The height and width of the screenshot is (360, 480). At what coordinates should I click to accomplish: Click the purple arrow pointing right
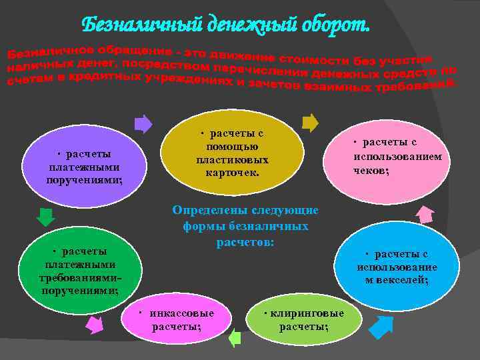[143, 124]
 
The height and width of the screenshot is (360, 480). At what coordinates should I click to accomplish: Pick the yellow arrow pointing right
[310, 123]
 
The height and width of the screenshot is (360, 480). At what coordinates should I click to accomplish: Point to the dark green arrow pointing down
[45, 217]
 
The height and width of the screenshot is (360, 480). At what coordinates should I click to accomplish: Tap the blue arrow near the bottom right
[381, 327]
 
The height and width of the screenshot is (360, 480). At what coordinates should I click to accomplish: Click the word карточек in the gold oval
[233, 173]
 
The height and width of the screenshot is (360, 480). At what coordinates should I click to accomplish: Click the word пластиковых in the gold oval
[232, 160]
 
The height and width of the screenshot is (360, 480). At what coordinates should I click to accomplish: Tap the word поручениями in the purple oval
[84, 180]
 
